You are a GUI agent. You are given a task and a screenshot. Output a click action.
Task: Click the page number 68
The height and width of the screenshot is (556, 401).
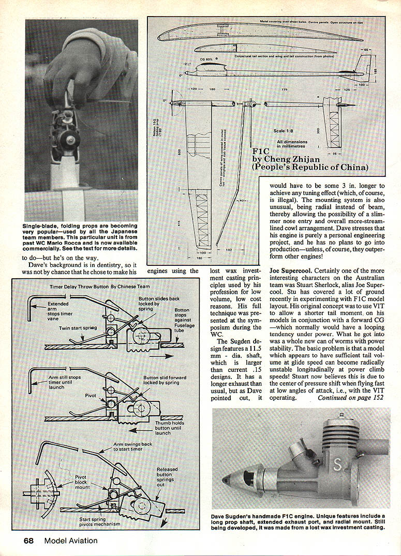(x=28, y=541)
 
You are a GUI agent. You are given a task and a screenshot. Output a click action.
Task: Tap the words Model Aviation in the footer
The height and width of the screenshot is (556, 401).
(x=70, y=541)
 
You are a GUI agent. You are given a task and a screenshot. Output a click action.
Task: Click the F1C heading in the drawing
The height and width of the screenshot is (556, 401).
(x=261, y=152)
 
